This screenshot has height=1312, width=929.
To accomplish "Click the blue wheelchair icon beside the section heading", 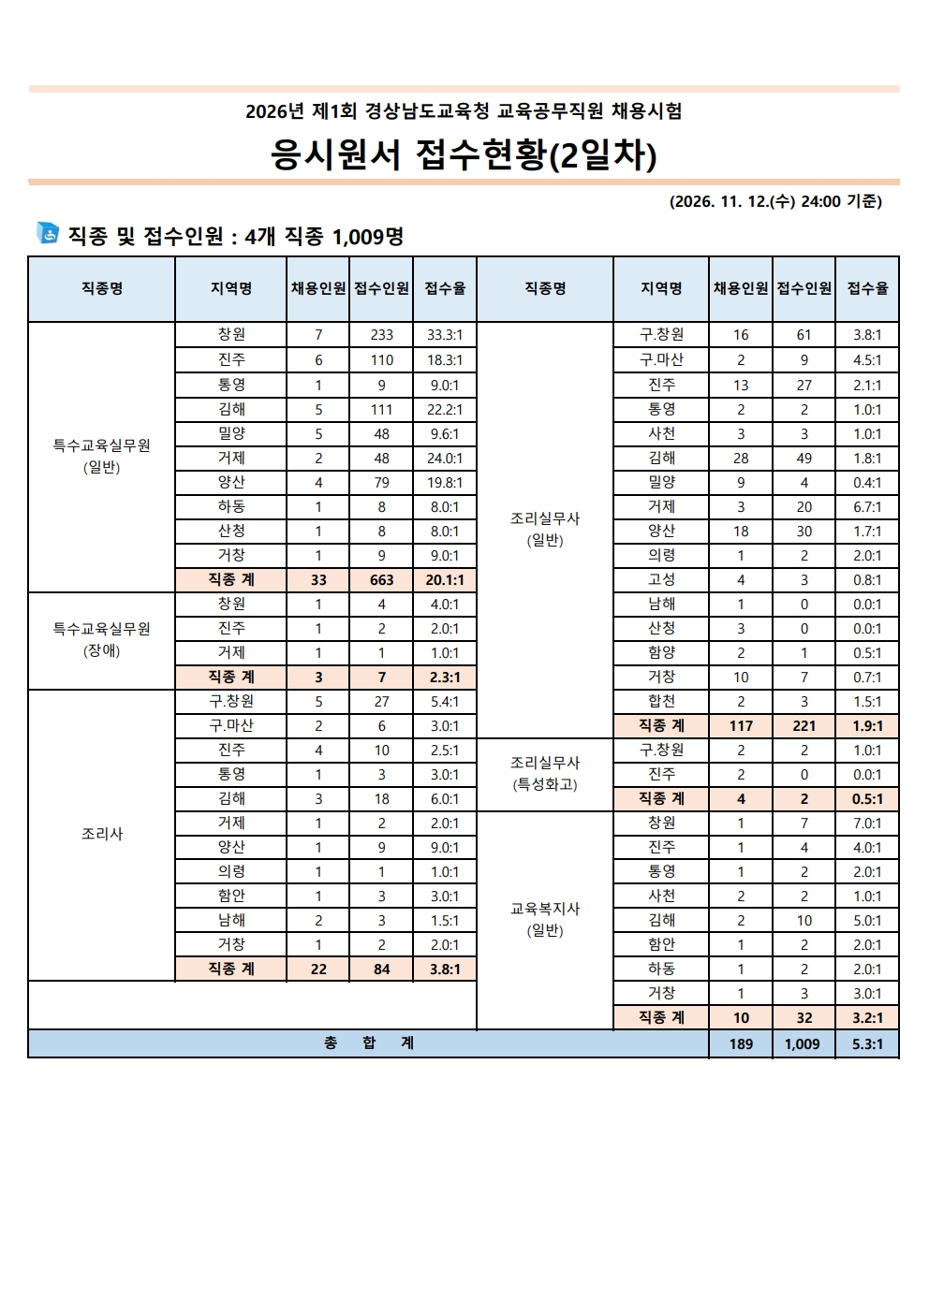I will (47, 233).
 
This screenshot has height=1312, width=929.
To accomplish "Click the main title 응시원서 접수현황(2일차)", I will (464, 154).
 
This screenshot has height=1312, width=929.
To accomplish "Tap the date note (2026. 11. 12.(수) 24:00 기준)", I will (775, 201).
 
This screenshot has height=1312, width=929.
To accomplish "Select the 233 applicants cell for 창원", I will (381, 335).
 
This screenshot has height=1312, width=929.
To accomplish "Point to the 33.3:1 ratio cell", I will (445, 335).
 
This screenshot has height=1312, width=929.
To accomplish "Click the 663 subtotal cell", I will (381, 580).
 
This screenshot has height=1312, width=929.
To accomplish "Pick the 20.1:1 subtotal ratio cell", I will (445, 580).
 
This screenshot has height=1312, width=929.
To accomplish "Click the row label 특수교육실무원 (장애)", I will (102, 640).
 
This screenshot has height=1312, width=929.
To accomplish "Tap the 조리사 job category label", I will (102, 834).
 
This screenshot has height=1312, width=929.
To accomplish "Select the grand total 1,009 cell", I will (803, 1044).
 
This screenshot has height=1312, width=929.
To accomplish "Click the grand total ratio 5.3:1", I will (867, 1044).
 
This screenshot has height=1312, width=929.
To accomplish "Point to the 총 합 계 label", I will (369, 1043).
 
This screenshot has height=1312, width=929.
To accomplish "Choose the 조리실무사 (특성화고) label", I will (545, 774).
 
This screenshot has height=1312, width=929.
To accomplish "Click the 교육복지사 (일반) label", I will (545, 919).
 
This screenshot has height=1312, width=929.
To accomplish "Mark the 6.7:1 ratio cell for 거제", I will (867, 507).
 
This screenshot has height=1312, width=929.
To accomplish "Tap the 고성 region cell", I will (661, 580).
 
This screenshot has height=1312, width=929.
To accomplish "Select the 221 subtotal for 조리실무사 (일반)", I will (804, 726).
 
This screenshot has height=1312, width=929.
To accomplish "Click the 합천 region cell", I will (661, 702).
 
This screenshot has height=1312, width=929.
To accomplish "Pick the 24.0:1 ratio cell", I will (445, 459).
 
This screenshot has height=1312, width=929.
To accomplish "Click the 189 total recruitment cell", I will (741, 1044).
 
